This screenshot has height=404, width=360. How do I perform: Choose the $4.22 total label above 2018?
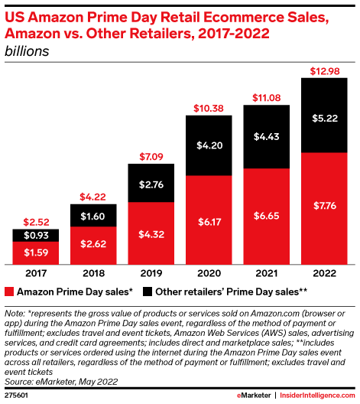point(92,195)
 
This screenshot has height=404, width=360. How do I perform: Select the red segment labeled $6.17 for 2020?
point(209,220)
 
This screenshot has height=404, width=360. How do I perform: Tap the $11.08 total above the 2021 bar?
point(267,97)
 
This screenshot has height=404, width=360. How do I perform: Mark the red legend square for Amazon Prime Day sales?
point(10,292)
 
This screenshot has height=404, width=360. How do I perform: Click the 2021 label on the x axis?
point(267,271)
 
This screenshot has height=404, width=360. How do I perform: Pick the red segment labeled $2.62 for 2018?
point(92,243)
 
